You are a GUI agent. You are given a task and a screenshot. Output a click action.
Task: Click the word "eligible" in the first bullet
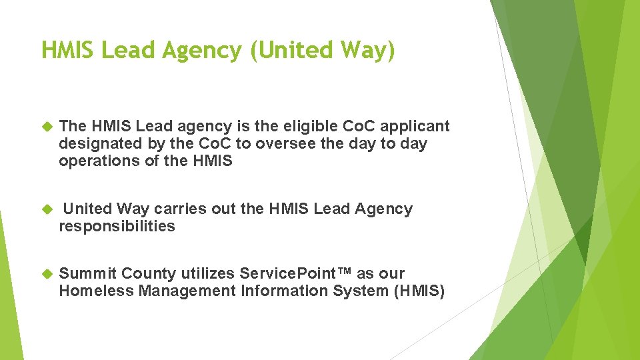click(x=310, y=126)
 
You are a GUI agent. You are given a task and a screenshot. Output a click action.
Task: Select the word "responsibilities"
click(x=117, y=226)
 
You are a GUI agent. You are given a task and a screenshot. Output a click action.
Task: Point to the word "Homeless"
click(x=95, y=291)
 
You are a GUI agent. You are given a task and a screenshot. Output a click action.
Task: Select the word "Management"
click(x=187, y=291)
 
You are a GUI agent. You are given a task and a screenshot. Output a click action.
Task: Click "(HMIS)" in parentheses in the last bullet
click(x=419, y=291)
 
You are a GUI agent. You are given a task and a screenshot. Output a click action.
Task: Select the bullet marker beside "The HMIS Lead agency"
click(x=47, y=126)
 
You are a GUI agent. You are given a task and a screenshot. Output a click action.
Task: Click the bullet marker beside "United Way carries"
click(x=47, y=209)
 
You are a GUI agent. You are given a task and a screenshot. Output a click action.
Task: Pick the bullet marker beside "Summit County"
click(x=47, y=273)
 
